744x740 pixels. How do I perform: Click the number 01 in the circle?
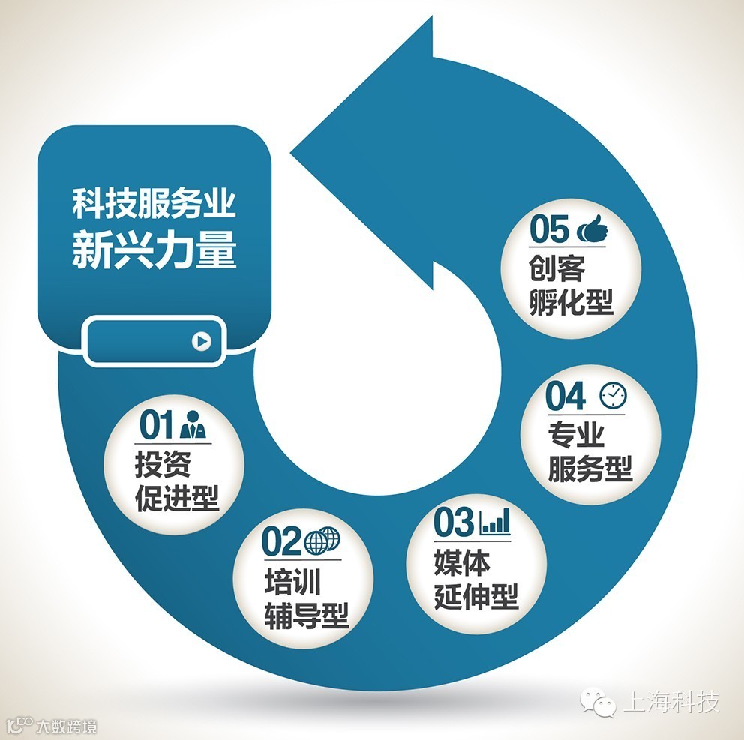point(157,425)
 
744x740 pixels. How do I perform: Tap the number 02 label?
point(280,541)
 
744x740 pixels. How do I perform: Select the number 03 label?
point(454,523)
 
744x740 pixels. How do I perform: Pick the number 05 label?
point(549,229)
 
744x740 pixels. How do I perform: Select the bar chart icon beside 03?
point(495,521)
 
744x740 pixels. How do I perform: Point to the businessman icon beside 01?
point(193,425)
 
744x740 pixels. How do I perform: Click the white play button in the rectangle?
point(200,341)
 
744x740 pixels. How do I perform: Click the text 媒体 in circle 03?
point(461,562)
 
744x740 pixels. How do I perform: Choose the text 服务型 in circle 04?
point(589,469)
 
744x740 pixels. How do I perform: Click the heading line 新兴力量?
point(154,252)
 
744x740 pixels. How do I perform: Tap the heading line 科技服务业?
point(154,204)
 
